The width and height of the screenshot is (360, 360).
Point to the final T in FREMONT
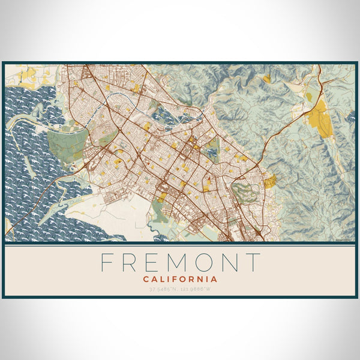click(254, 263)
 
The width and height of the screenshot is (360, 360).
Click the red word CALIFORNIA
click(180, 279)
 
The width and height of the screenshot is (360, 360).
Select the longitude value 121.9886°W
click(197, 289)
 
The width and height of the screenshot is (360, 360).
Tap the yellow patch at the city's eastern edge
click(270, 181)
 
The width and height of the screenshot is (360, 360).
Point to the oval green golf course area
click(243, 193)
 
